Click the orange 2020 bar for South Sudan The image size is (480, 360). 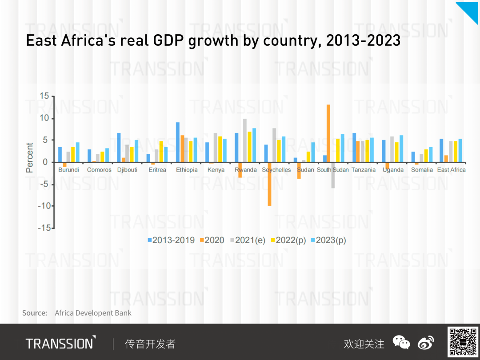click(x=328, y=133)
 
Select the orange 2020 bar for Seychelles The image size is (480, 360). click(x=269, y=184)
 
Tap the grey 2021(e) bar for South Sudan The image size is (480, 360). click(x=333, y=175)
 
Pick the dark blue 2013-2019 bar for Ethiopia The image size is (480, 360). click(x=178, y=142)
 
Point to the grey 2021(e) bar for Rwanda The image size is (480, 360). click(x=245, y=140)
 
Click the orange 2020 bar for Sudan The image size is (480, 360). click(x=299, y=170)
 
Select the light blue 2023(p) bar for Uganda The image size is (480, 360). click(x=401, y=148)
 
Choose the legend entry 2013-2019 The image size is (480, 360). click(x=171, y=240)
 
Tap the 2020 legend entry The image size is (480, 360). click(x=212, y=240)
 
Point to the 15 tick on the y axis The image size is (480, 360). click(x=44, y=96)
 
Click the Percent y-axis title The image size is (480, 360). click(x=30, y=157)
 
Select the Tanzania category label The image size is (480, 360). click(x=364, y=170)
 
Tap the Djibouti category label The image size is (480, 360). click(x=127, y=170)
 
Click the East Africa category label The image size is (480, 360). click(x=451, y=170)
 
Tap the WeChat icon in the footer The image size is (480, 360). click(x=401, y=343)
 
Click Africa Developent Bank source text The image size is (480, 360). click(x=93, y=313)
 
